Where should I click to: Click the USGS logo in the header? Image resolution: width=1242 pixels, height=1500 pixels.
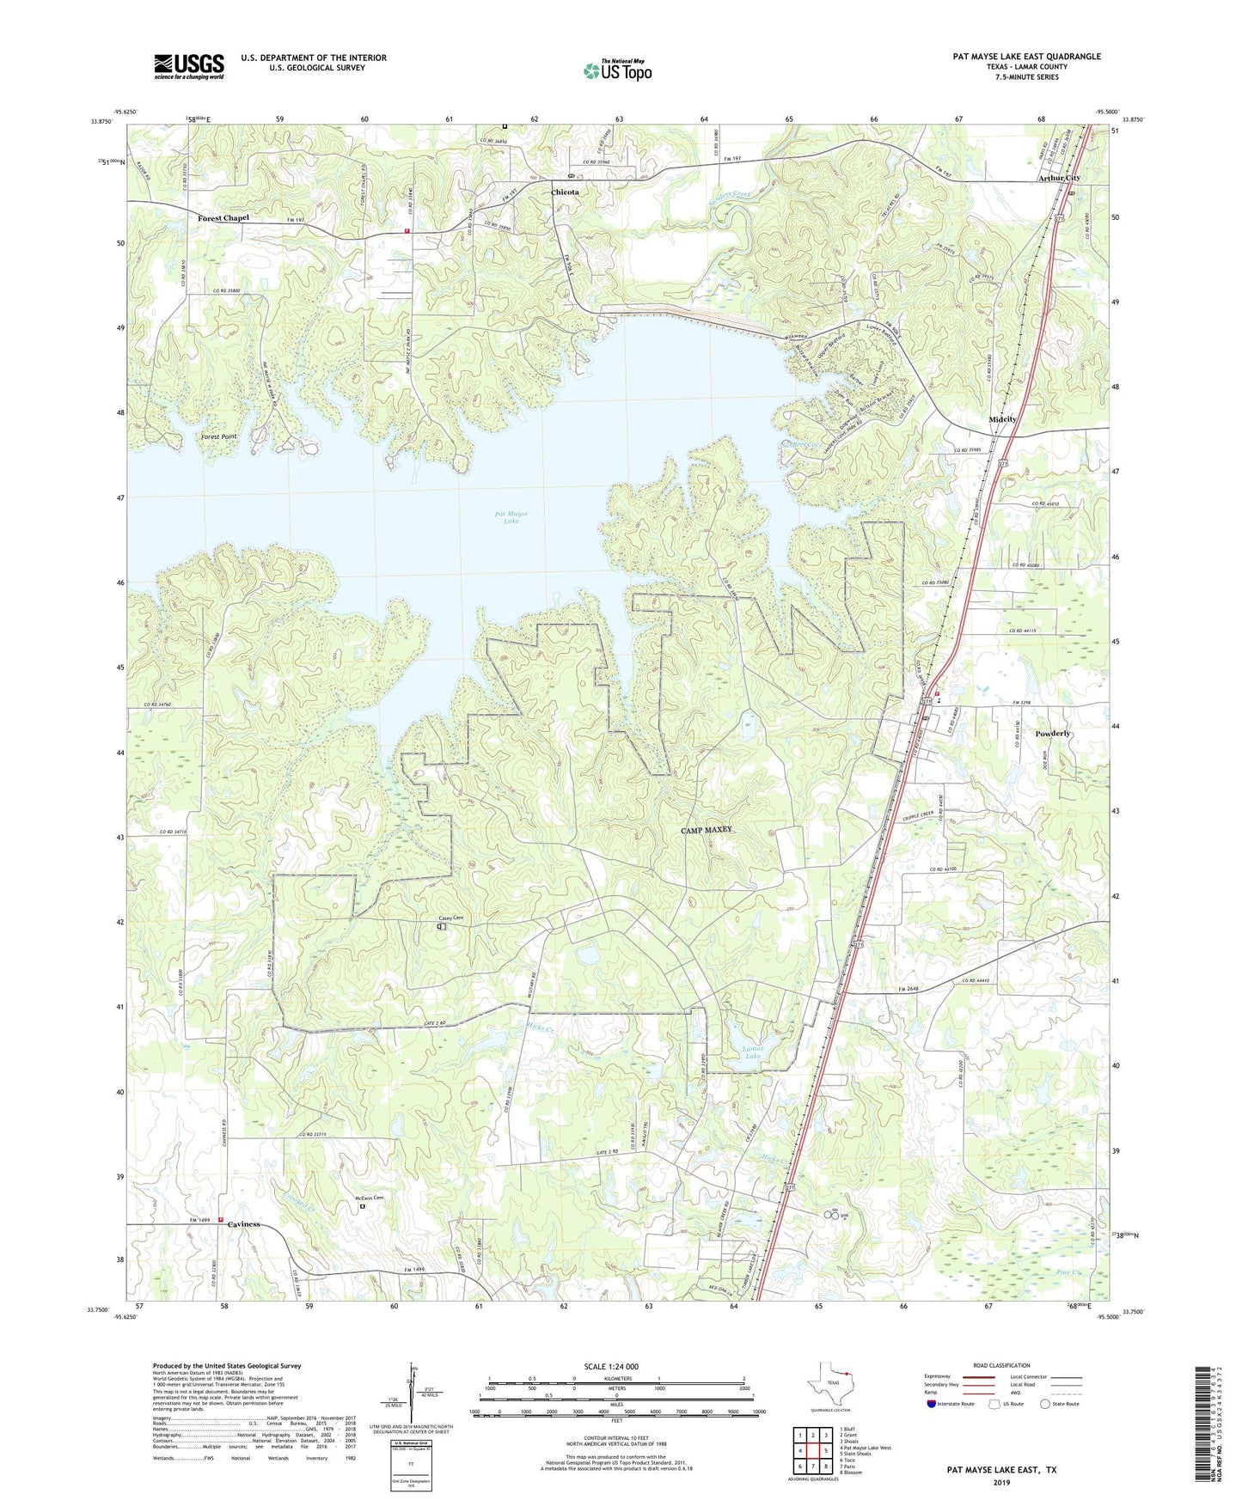189,66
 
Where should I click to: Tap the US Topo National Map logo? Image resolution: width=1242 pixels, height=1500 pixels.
617,70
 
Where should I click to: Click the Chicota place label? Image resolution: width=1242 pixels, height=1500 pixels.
565,192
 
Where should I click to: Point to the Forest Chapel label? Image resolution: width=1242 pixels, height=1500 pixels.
223,218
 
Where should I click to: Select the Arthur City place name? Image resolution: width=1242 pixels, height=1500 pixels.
1059,178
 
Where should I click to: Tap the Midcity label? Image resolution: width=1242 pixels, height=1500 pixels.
1002,419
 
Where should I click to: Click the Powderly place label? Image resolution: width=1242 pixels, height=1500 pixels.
1053,734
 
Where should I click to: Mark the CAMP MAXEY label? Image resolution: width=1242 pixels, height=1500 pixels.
707,830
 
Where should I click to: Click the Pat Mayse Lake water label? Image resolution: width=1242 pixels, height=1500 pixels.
511,517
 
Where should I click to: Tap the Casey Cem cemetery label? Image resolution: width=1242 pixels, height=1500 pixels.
451,918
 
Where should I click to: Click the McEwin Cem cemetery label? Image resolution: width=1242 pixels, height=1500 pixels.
368,1198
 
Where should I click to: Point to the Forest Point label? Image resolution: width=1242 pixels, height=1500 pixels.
219,437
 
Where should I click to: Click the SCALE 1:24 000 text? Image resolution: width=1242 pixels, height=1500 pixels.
610,1366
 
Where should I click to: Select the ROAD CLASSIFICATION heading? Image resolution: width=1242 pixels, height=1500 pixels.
1001,1365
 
